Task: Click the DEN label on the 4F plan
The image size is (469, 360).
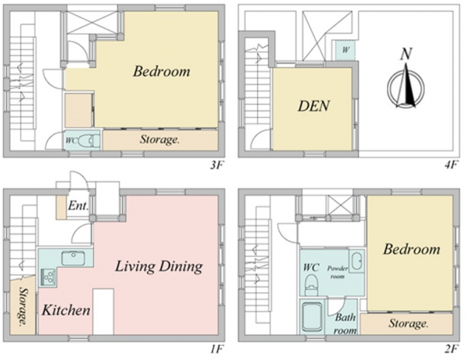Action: click(x=313, y=105)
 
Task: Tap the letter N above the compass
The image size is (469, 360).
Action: click(x=406, y=54)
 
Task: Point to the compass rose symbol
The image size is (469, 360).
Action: click(x=406, y=87)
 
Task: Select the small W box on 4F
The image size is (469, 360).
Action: click(x=345, y=50)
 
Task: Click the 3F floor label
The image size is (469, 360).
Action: click(x=217, y=165)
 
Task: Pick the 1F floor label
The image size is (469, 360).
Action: click(x=217, y=349)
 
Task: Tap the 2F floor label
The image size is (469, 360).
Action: click(x=452, y=349)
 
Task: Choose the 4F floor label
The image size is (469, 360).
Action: click(x=452, y=165)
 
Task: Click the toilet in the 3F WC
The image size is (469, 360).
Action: click(x=88, y=141)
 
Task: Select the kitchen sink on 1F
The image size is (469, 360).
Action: click(x=73, y=258)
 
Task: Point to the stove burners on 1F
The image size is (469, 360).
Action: click(x=48, y=276)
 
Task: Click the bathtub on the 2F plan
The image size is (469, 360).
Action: click(x=313, y=317)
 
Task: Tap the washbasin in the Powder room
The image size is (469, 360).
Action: click(x=356, y=262)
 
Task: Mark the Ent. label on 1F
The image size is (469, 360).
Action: click(x=78, y=205)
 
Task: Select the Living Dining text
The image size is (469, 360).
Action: click(x=159, y=266)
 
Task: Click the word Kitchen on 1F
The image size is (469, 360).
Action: click(x=66, y=310)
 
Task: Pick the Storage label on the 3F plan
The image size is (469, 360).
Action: click(x=159, y=140)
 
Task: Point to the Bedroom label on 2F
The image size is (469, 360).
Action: click(x=412, y=249)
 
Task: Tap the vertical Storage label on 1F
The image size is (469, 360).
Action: click(x=23, y=306)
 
